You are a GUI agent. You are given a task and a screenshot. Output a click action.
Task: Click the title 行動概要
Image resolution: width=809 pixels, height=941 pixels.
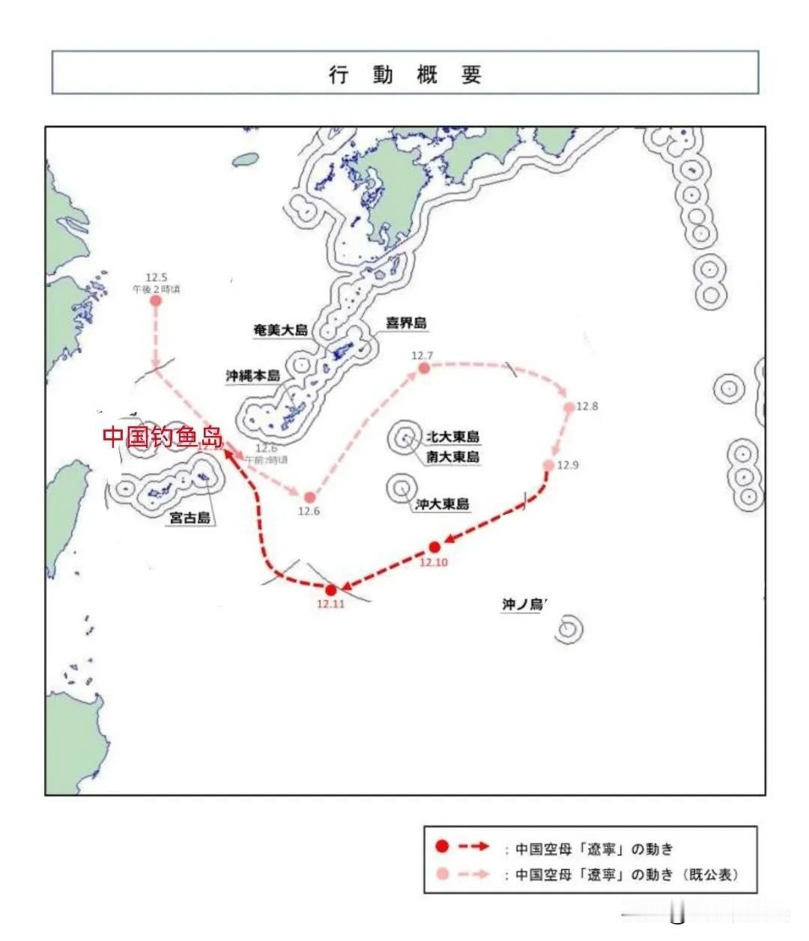pyautogui.click(x=404, y=75)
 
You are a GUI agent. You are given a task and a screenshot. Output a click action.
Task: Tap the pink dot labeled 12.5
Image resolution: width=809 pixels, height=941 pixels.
pyautogui.click(x=156, y=301)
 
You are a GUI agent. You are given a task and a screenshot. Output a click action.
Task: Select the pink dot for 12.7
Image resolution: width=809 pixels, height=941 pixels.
pyautogui.click(x=424, y=368)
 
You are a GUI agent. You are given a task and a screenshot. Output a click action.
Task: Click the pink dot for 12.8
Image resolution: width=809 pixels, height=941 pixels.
pyautogui.click(x=569, y=407)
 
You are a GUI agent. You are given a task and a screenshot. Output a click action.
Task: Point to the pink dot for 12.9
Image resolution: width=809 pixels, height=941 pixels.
pyautogui.click(x=548, y=465)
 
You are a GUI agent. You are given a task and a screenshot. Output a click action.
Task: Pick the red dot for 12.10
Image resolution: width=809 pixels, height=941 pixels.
pyautogui.click(x=434, y=547)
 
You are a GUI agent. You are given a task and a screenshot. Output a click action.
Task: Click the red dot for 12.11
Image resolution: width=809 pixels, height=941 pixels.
pyautogui.click(x=331, y=590)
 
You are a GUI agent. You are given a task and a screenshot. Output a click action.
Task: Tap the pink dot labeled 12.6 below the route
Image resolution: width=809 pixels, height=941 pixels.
pyautogui.click(x=309, y=497)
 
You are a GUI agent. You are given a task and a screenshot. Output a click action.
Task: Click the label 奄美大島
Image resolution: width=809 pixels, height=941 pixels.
pyautogui.click(x=281, y=330)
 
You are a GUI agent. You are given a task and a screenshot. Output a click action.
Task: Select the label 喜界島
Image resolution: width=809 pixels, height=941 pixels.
pyautogui.click(x=406, y=324)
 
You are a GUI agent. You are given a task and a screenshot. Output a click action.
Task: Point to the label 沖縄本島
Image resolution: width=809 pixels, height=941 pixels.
pyautogui.click(x=253, y=375)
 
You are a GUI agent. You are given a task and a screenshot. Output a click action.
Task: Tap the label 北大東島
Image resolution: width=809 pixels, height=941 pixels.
pyautogui.click(x=452, y=437)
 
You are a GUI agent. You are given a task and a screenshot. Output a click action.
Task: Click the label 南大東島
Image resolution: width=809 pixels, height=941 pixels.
pyautogui.click(x=452, y=456)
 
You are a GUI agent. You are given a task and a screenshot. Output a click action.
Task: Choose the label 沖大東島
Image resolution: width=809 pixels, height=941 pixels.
pyautogui.click(x=442, y=504)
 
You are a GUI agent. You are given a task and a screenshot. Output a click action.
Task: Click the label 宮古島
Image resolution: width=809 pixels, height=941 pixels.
pyautogui.click(x=190, y=517)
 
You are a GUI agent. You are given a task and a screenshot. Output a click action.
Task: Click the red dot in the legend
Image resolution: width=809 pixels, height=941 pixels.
pyautogui.click(x=442, y=847)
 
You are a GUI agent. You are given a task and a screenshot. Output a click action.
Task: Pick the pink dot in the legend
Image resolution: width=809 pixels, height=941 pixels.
pyautogui.click(x=442, y=874)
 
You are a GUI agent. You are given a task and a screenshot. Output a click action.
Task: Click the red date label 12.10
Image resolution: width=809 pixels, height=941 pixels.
pyautogui.click(x=434, y=563)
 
